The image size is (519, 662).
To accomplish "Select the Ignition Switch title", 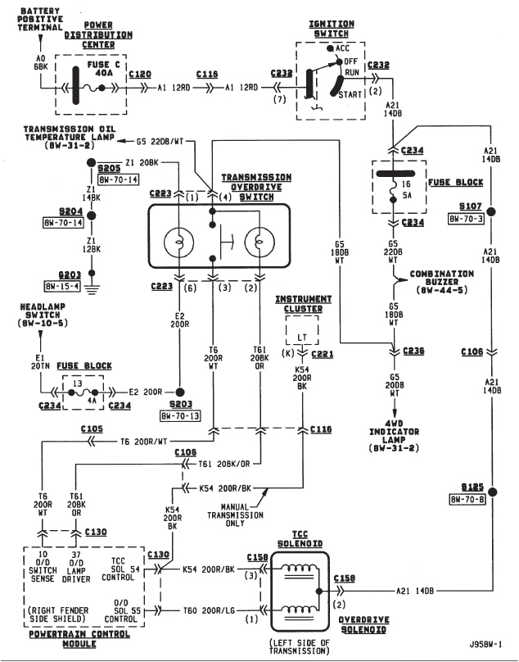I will click(x=332, y=29).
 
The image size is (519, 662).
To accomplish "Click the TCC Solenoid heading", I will click(x=299, y=543).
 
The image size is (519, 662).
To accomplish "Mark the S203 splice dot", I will click(x=180, y=392).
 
